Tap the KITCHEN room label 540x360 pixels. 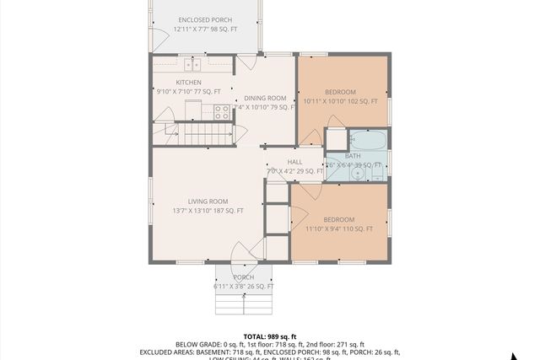tap(188, 82)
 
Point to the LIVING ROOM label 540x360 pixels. tap(208, 201)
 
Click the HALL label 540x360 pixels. tap(294, 162)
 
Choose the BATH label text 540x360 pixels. tap(353, 156)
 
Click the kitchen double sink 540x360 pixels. tap(192, 63)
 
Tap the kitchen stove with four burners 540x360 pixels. tap(223, 110)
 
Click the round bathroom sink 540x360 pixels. tap(359, 174)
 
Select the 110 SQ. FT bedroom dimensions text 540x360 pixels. tap(339, 228)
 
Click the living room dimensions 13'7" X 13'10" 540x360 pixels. tap(208, 211)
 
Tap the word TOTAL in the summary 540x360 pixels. tap(256, 335)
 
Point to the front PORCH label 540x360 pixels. tap(243, 277)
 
